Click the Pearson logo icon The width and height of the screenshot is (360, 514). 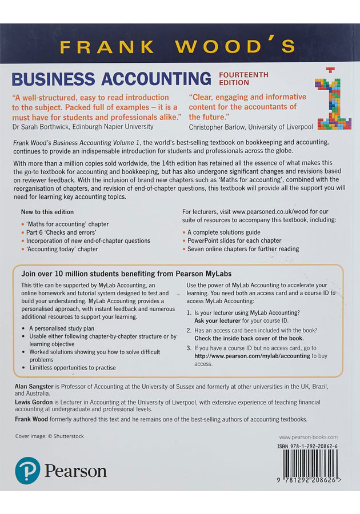pos(27,471)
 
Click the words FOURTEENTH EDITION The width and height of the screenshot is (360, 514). pos(243,78)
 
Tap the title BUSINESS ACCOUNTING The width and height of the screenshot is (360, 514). pos(111,78)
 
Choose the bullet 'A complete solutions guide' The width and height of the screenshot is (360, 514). pos(223,232)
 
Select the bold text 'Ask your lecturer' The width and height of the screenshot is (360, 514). pos(220,321)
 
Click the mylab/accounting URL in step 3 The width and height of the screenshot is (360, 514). pos(253,356)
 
